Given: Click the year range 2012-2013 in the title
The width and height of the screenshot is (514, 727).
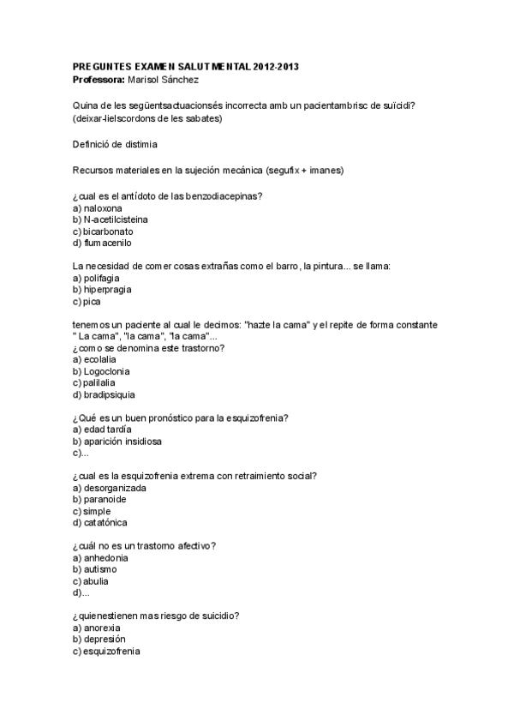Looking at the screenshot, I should point(276,66).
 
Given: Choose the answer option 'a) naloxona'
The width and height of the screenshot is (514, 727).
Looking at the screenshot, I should point(98,208).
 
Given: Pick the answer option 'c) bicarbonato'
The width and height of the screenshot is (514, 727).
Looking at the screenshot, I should point(103,231).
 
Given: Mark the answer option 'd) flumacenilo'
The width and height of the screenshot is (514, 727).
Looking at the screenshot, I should point(104,243).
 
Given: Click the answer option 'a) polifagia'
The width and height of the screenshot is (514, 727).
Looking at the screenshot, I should point(97,279).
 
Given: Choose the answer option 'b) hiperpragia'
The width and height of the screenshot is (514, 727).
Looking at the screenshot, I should point(102,290).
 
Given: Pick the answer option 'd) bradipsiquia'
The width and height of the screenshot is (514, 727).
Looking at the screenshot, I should point(104,395).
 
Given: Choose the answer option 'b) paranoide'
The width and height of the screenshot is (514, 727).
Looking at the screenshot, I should point(100,500).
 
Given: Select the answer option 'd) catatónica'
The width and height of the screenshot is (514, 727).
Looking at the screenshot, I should point(103,523).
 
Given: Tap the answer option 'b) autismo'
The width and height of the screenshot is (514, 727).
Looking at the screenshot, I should point(95,569).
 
